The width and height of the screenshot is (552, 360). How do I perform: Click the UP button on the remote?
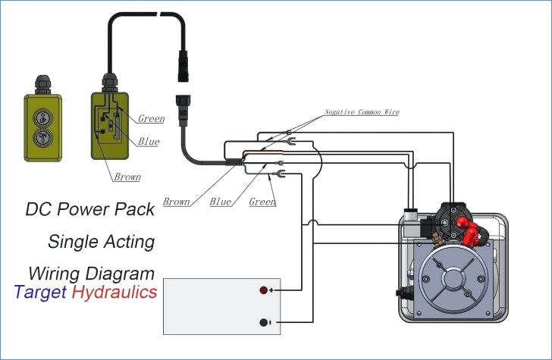tap(43, 118)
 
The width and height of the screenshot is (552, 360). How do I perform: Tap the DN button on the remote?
tap(43, 138)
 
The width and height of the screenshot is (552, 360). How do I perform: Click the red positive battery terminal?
tap(263, 290)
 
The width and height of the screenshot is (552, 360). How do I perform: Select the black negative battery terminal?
tap(263, 322)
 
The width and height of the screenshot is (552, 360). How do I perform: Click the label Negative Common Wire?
tap(362, 112)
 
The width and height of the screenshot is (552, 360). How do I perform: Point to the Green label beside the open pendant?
tap(151, 118)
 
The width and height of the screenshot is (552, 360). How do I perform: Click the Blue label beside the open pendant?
tap(149, 142)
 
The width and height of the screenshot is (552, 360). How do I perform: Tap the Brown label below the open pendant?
tap(127, 177)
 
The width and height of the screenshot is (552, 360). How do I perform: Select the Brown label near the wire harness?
tap(176, 202)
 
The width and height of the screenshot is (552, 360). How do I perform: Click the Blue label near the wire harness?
tap(221, 202)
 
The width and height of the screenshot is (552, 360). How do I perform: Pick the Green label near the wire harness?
tap(262, 202)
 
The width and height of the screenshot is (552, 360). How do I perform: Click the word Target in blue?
tap(40, 293)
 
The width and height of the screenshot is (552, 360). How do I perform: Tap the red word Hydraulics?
tap(114, 292)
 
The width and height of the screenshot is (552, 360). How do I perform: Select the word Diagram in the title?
tap(121, 274)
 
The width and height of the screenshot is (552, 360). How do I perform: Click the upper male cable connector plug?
tap(183, 66)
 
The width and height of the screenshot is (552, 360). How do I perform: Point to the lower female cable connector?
tap(183, 111)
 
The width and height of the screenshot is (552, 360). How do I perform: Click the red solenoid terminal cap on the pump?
tap(467, 230)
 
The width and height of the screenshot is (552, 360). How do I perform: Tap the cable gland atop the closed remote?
tap(42, 84)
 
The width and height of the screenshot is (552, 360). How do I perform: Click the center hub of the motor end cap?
tap(456, 279)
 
